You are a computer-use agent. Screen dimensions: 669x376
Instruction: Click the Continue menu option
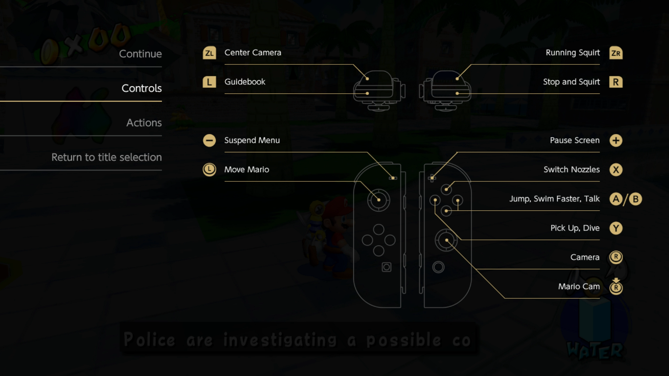click(x=140, y=54)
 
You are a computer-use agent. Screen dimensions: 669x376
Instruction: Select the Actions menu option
click(x=144, y=123)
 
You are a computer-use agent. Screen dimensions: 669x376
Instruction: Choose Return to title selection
click(x=107, y=157)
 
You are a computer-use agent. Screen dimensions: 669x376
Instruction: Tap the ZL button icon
click(x=209, y=53)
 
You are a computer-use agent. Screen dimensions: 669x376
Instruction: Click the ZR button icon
click(x=616, y=53)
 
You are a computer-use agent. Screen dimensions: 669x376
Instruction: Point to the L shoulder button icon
click(x=209, y=82)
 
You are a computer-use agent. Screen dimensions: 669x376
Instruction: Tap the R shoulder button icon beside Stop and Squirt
click(x=616, y=82)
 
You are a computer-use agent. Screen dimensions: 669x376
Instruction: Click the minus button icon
click(x=209, y=141)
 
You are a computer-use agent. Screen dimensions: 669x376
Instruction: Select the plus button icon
click(x=616, y=141)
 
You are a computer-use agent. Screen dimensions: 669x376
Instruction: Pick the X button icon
click(x=616, y=170)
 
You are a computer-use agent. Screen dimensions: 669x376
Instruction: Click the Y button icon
click(x=616, y=228)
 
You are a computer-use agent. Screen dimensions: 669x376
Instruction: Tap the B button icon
click(x=635, y=199)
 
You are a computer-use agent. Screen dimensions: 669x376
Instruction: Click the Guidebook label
click(x=245, y=82)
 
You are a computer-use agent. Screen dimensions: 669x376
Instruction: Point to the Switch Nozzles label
click(x=571, y=170)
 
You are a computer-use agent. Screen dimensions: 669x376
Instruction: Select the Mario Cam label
click(x=579, y=287)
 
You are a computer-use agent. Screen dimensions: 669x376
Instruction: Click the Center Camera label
click(x=253, y=53)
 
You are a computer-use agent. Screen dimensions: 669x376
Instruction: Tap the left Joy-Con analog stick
click(x=378, y=200)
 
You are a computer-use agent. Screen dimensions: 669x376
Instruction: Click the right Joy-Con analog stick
click(x=446, y=240)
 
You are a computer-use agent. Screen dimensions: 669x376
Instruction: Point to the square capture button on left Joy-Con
click(x=386, y=267)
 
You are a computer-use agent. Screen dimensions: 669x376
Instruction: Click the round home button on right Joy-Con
click(x=438, y=267)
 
